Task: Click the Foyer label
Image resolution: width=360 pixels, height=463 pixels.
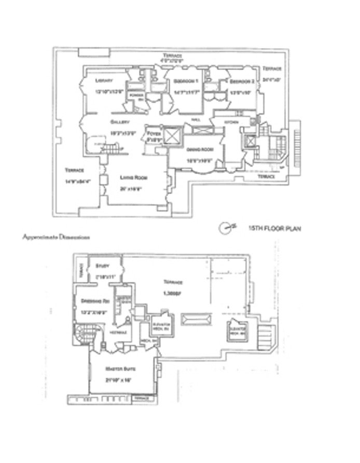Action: [153, 134]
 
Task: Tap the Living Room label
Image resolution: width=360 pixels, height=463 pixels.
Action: [134, 178]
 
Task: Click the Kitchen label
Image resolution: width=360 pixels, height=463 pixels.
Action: [231, 122]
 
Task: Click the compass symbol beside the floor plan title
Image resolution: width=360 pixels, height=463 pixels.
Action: [226, 227]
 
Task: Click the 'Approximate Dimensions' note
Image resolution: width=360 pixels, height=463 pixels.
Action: [56, 237]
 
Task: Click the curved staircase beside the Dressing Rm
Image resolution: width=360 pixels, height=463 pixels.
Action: [82, 332]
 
